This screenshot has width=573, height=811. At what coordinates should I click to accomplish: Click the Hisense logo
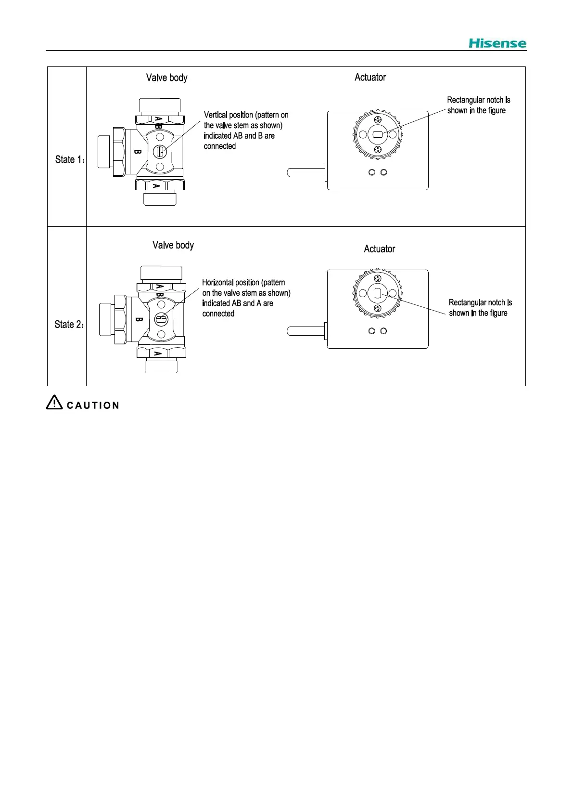[x=497, y=43]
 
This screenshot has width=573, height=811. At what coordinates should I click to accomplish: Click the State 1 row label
[x=69, y=159]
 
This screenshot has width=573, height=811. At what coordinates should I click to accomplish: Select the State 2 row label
[x=69, y=325]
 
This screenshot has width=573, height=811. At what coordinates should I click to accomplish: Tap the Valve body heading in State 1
[x=166, y=78]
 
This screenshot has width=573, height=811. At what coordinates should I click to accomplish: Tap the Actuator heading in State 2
[x=379, y=249]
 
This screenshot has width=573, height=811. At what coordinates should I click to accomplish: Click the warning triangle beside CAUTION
[x=54, y=403]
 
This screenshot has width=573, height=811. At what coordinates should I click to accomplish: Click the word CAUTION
[x=93, y=405]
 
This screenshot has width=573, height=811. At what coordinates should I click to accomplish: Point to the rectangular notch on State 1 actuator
[x=378, y=135]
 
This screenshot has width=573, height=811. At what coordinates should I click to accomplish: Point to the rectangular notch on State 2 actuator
[x=378, y=293]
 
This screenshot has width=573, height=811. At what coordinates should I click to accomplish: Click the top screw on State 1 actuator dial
[x=378, y=119]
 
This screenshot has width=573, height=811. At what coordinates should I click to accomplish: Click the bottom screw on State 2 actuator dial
[x=378, y=308]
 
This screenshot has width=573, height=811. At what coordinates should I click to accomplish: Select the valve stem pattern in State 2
[x=161, y=319]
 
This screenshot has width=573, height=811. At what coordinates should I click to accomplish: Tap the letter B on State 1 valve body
[x=138, y=152]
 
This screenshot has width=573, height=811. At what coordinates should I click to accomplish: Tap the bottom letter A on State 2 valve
[x=157, y=353]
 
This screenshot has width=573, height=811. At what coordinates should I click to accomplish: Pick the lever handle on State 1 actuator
[x=306, y=172]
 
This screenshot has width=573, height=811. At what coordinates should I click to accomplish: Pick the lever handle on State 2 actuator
[x=306, y=331]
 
